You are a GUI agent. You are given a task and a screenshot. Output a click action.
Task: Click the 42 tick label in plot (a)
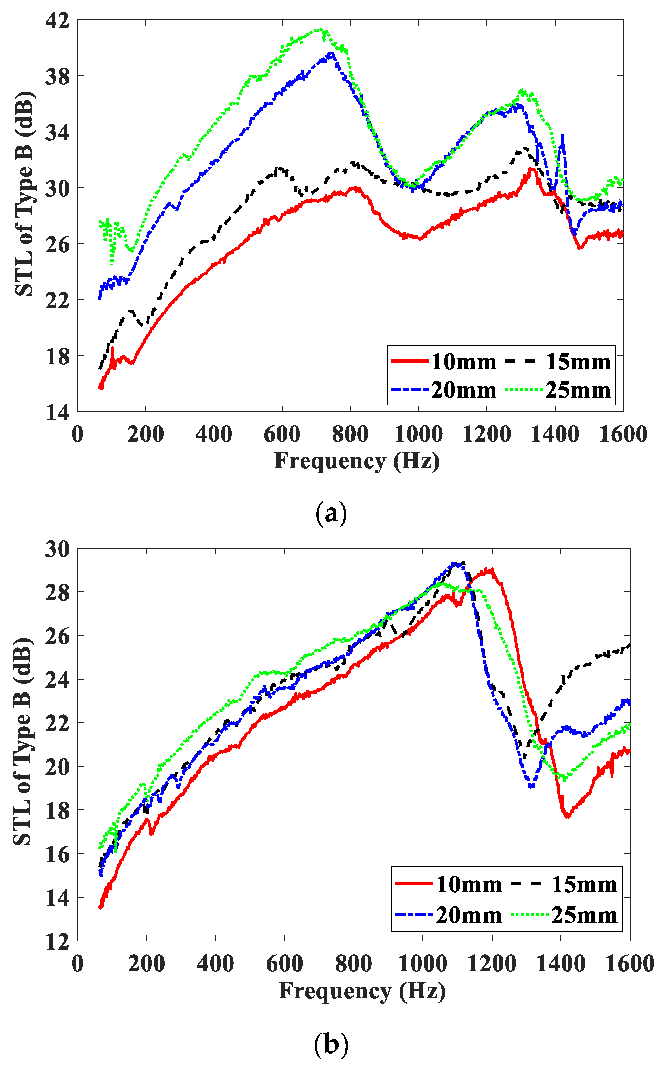tap(57, 21)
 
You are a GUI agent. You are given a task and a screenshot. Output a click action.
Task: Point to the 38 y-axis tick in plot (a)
tap(57, 77)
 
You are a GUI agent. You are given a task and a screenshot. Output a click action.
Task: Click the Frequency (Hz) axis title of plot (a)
tap(357, 461)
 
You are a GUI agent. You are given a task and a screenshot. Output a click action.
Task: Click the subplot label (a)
tap(331, 513)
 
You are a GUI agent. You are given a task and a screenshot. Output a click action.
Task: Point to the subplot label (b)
tap(331, 1045)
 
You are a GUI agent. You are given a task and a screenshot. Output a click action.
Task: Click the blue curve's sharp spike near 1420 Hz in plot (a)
tap(562, 135)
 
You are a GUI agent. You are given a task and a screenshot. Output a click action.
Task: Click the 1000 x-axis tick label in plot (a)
tap(418, 434)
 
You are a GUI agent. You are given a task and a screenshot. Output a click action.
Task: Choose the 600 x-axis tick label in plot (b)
tap(285, 964)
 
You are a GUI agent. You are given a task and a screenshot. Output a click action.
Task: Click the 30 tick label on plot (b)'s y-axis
tap(57, 549)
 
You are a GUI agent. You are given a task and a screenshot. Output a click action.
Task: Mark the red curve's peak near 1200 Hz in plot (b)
tap(492, 569)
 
